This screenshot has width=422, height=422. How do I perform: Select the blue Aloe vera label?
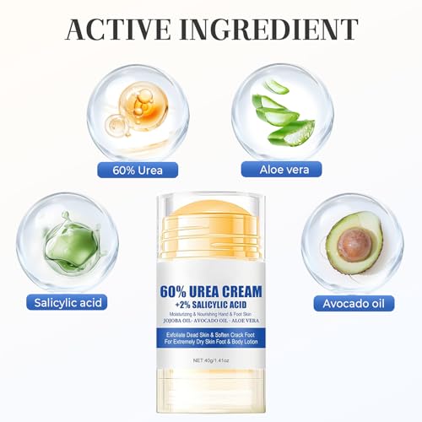pos(283,170)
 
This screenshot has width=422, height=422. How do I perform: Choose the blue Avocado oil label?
pos(354,303)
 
